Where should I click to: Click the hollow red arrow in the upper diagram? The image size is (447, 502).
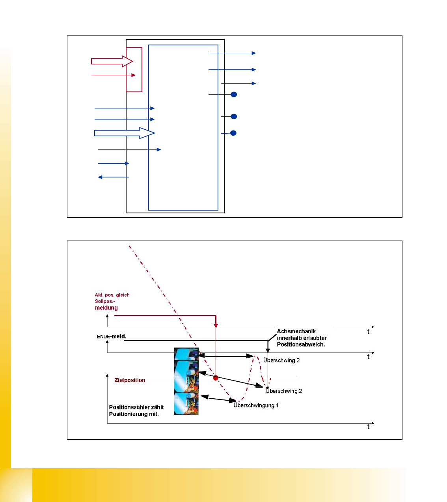[x=112, y=61]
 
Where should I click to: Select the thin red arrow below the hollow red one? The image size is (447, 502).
[x=114, y=75]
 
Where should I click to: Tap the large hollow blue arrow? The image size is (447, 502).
[x=125, y=133]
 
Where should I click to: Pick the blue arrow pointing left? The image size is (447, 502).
[x=113, y=177]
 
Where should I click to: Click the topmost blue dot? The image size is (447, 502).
[x=234, y=94]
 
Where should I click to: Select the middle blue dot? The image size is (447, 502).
[x=234, y=116]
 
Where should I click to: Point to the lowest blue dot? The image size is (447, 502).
[x=233, y=133]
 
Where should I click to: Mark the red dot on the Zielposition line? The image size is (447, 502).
[x=216, y=378]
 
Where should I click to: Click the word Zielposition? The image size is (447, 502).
[x=130, y=380]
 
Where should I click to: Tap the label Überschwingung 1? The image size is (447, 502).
[x=256, y=405]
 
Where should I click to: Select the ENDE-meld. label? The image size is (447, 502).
[x=111, y=336]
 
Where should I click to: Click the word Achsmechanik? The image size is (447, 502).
[x=296, y=331]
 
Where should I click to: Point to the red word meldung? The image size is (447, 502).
[x=106, y=308]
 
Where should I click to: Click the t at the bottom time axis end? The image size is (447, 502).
[x=369, y=426]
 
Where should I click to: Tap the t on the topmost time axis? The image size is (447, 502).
[x=369, y=332]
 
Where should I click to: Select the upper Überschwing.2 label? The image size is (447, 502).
[x=281, y=360]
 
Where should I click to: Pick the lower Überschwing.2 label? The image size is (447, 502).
[x=284, y=391]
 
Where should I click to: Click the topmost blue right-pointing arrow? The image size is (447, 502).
[x=232, y=53]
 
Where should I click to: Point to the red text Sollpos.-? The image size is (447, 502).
[x=105, y=301]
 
